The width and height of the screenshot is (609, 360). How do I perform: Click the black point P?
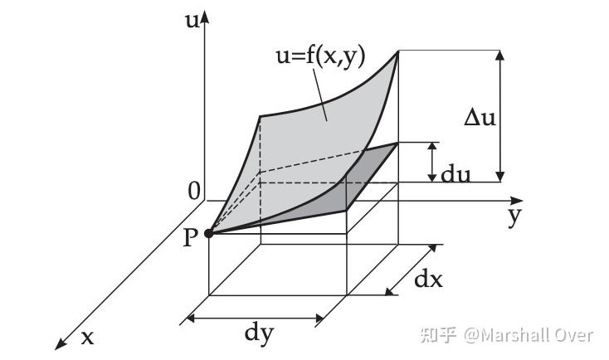(209, 234)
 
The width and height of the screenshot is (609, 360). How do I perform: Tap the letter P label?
(190, 238)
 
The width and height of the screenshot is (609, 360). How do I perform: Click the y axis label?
(515, 216)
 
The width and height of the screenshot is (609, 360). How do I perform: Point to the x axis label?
(87, 337)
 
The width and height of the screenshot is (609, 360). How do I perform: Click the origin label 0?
(195, 192)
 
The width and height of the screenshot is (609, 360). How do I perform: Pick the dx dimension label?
(428, 280)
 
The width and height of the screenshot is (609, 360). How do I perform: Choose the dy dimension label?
(259, 333)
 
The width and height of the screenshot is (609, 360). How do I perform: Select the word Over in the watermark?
(576, 335)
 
